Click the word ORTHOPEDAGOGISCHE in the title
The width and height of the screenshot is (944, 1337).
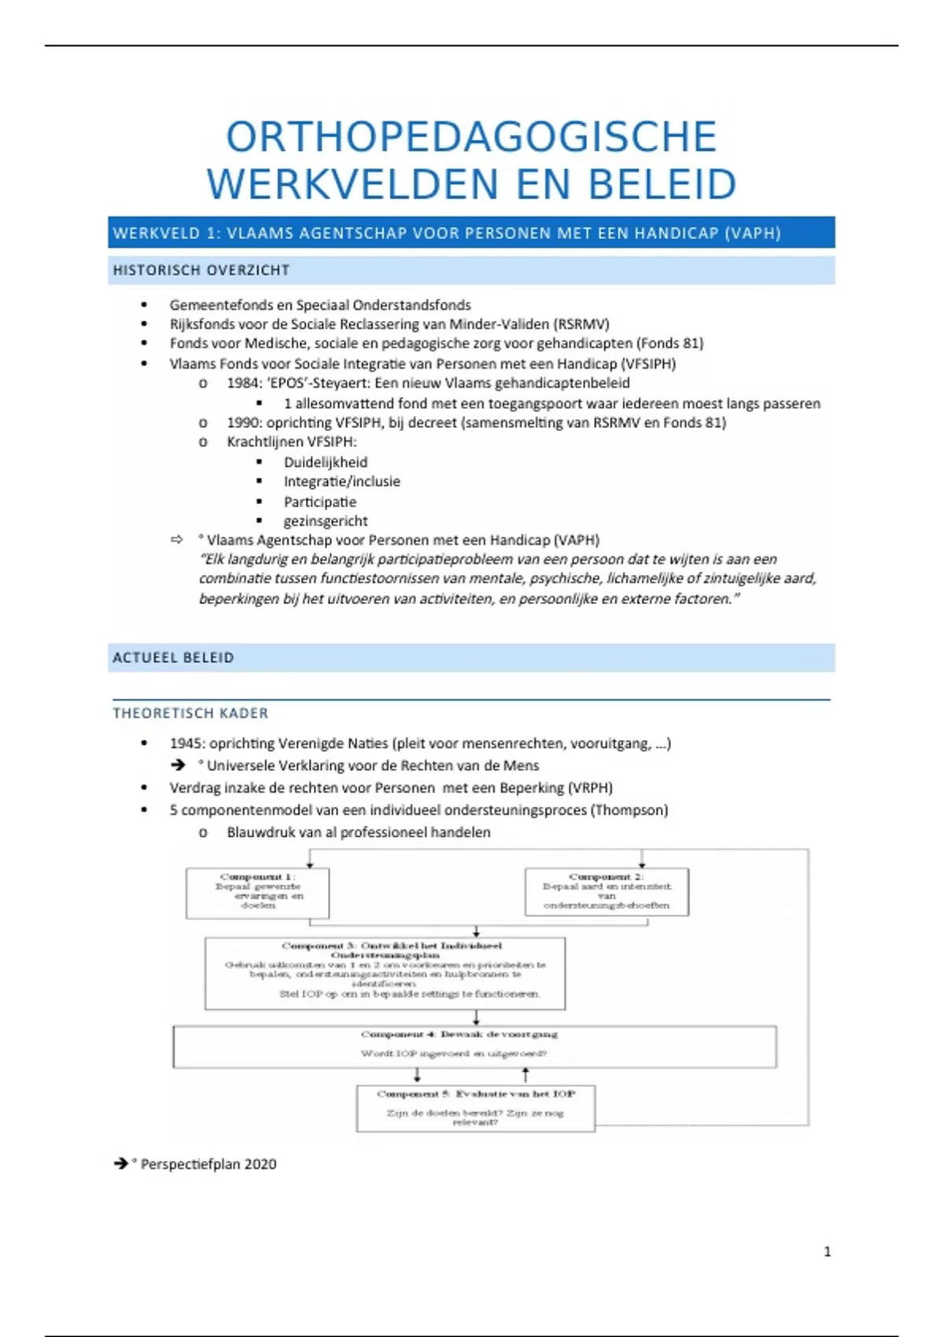tap(471, 137)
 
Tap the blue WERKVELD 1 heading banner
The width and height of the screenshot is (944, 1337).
tap(471, 233)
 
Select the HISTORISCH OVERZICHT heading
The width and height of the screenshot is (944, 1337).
tap(201, 271)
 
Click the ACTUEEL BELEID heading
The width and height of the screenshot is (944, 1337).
tap(173, 657)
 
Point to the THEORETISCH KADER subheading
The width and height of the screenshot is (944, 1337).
tap(190, 713)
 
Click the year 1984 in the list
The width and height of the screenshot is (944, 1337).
tap(243, 383)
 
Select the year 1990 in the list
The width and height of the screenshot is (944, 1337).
tap(243, 422)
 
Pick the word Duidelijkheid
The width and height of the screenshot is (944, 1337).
tap(326, 462)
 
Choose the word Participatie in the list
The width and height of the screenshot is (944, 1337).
tap(320, 502)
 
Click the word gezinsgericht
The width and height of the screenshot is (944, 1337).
tap(326, 521)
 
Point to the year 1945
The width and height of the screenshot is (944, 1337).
tap(186, 743)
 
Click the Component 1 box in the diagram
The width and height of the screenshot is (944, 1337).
tap(257, 892)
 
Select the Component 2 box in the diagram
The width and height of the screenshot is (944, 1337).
tap(607, 891)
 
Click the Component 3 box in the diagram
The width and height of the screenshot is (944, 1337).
tap(385, 972)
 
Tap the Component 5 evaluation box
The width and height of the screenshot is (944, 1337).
tap(475, 1107)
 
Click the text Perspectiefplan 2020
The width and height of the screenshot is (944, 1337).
tap(208, 1164)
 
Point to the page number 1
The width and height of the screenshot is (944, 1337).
tap(827, 1251)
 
